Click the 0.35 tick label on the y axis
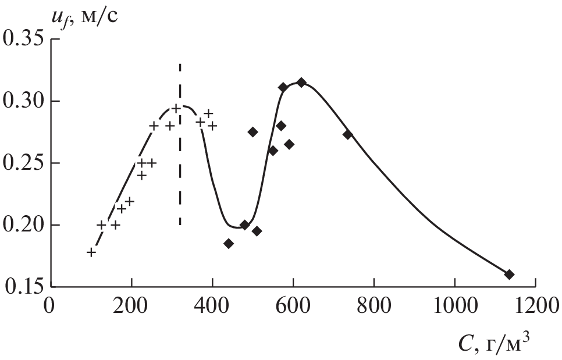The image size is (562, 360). pos(23,41)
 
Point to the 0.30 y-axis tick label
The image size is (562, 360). pos(23,102)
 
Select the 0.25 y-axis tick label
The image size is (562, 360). pos(23,164)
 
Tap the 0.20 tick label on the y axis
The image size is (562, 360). pos(23,226)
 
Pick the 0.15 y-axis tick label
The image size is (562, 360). pos(23,287)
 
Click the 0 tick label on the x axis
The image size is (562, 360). pos(51,306)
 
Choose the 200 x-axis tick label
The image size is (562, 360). pos(131,306)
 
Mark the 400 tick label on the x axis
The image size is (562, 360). pos(212,306)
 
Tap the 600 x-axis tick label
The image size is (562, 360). pos(293,306)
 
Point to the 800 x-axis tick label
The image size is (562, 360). pos(374,306)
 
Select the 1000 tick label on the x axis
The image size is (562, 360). pos(454,306)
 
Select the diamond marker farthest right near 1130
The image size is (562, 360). pos(509,275)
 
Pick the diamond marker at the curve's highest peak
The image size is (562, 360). pos(301,83)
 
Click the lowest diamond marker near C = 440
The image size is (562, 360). pos(229,244)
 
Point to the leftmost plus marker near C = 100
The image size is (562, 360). pos(91,252)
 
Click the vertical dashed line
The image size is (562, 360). pos(180,145)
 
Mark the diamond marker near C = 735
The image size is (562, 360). pos(348,134)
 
